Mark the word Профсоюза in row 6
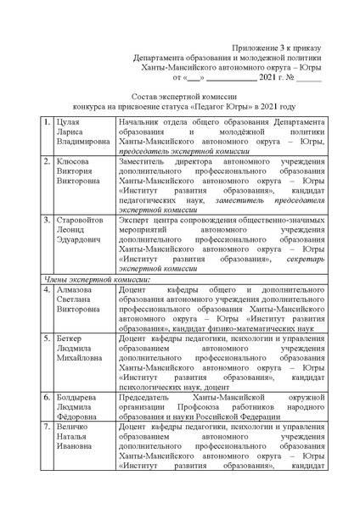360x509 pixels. coord(200,408)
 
